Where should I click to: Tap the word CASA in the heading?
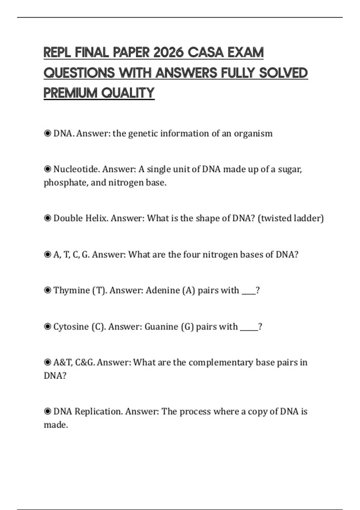tap(205, 52)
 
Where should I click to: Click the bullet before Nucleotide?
tap(47, 169)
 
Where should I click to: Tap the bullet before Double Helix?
tap(47, 218)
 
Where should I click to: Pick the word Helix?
tap(96, 218)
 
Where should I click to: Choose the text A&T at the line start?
tap(63, 363)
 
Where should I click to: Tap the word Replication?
tap(98, 412)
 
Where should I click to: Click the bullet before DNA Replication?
tap(47, 412)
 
